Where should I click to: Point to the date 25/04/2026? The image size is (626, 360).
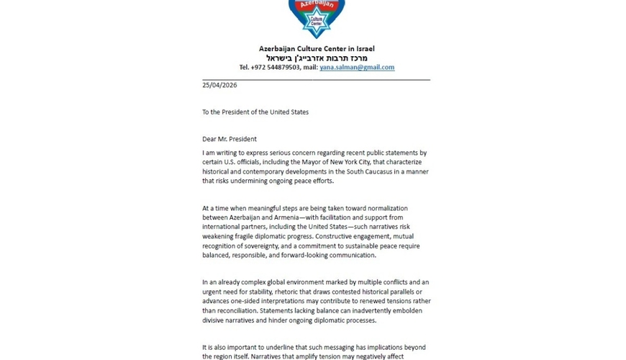tap(219, 85)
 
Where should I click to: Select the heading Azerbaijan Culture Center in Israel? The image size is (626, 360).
tap(317, 48)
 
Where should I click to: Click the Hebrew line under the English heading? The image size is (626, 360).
tap(317, 58)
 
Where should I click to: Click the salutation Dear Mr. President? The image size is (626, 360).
tap(230, 139)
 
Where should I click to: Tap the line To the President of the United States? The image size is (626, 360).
tap(255, 112)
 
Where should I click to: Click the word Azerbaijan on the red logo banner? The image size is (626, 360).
tap(317, 4)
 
